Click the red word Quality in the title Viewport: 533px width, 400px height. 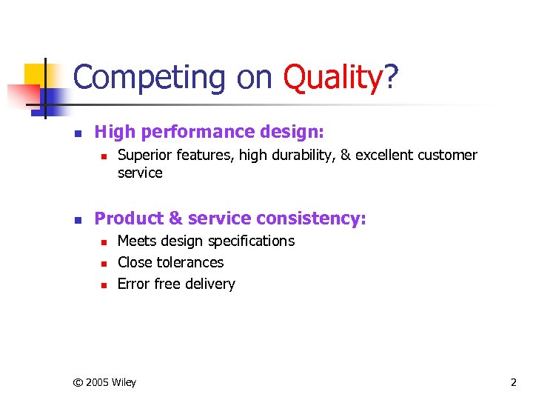pos(333,76)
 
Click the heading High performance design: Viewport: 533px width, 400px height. pos(209,133)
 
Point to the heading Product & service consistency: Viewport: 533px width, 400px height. pos(230,219)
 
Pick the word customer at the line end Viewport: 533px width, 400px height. pos(447,156)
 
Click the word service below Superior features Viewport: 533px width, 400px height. pos(140,173)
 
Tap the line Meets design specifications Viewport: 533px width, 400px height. pos(206,241)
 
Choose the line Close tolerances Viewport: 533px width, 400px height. pos(170,262)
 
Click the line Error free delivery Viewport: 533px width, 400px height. pos(176,284)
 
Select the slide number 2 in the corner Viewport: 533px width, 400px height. pos(513,382)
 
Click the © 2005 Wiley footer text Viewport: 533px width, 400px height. pos(104,382)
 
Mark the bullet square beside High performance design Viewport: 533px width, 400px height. pos(76,134)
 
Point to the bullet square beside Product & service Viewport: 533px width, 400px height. pos(76,220)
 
